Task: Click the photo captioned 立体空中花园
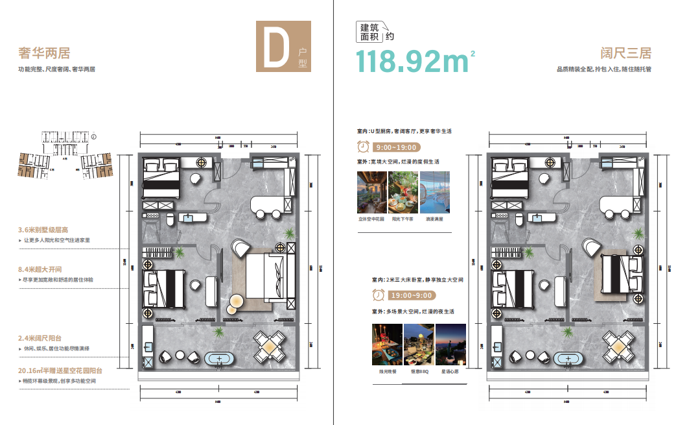(x=371, y=192)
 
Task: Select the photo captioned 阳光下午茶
(x=403, y=192)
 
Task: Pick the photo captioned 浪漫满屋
(x=435, y=192)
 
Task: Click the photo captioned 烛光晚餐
(x=386, y=345)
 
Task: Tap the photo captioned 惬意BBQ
(x=419, y=345)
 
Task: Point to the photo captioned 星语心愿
(x=450, y=345)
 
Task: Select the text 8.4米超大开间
(x=41, y=269)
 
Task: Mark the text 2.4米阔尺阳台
(x=40, y=339)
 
